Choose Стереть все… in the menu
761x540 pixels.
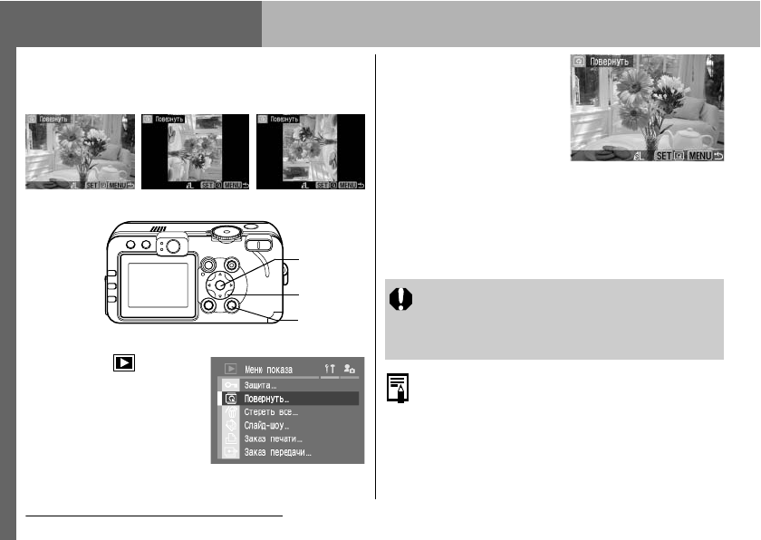point(272,412)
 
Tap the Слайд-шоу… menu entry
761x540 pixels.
point(268,425)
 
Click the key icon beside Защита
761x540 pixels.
point(229,384)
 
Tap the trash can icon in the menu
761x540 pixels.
point(229,412)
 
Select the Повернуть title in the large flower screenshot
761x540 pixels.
point(609,62)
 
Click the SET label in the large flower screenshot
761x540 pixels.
point(662,156)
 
